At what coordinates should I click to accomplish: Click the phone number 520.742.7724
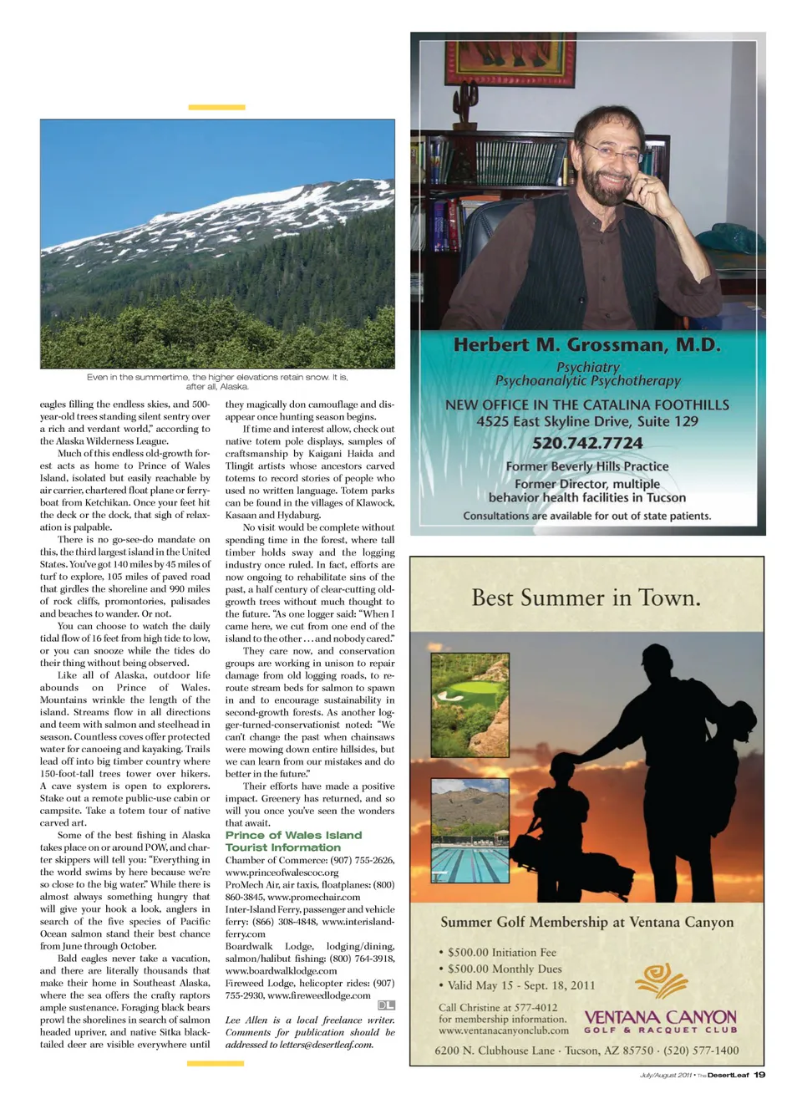(x=587, y=443)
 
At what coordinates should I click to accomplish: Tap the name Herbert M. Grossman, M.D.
(x=587, y=344)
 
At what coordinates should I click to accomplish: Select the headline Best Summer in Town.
(x=586, y=598)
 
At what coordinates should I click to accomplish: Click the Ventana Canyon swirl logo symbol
(x=662, y=979)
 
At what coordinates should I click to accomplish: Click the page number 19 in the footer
(x=759, y=1075)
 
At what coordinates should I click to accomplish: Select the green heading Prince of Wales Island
(x=293, y=835)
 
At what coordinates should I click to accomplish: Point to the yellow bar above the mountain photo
(x=216, y=107)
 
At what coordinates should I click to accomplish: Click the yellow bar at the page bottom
(x=216, y=1063)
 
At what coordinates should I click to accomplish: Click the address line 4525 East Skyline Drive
(x=587, y=422)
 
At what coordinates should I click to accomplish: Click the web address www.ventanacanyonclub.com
(x=503, y=1030)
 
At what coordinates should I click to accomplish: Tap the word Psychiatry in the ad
(x=588, y=367)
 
